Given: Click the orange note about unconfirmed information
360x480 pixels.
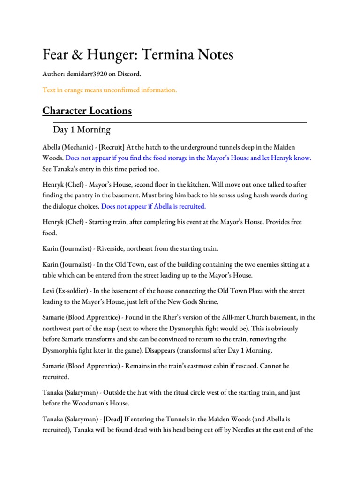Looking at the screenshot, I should click(110, 90).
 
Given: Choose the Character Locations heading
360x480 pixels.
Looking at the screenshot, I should click(87, 111).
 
